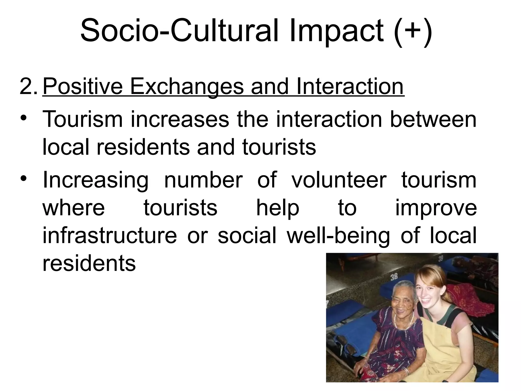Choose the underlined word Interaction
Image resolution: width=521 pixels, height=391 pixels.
coord(350,87)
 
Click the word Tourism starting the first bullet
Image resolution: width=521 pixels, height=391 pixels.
coord(83,119)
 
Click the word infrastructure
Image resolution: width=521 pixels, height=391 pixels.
coord(109,235)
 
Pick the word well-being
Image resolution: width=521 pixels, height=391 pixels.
coord(338,236)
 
